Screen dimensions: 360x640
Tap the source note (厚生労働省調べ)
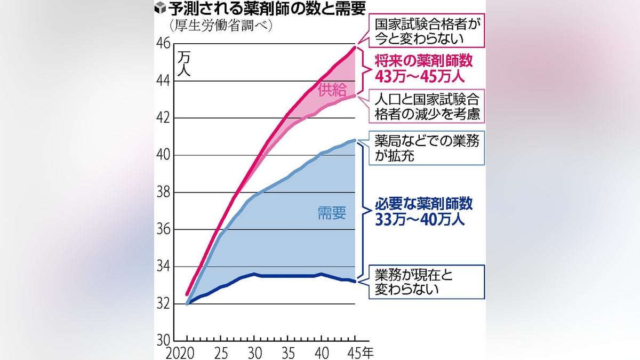click(219, 25)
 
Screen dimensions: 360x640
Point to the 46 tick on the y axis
click(163, 44)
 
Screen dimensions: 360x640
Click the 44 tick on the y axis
click(163, 81)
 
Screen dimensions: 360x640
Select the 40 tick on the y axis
click(163, 155)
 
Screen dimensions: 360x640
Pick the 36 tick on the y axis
click(163, 229)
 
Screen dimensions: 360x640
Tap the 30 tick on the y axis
click(163, 340)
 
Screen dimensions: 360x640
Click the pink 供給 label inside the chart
click(332, 90)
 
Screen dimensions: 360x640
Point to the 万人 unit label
click(183, 63)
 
